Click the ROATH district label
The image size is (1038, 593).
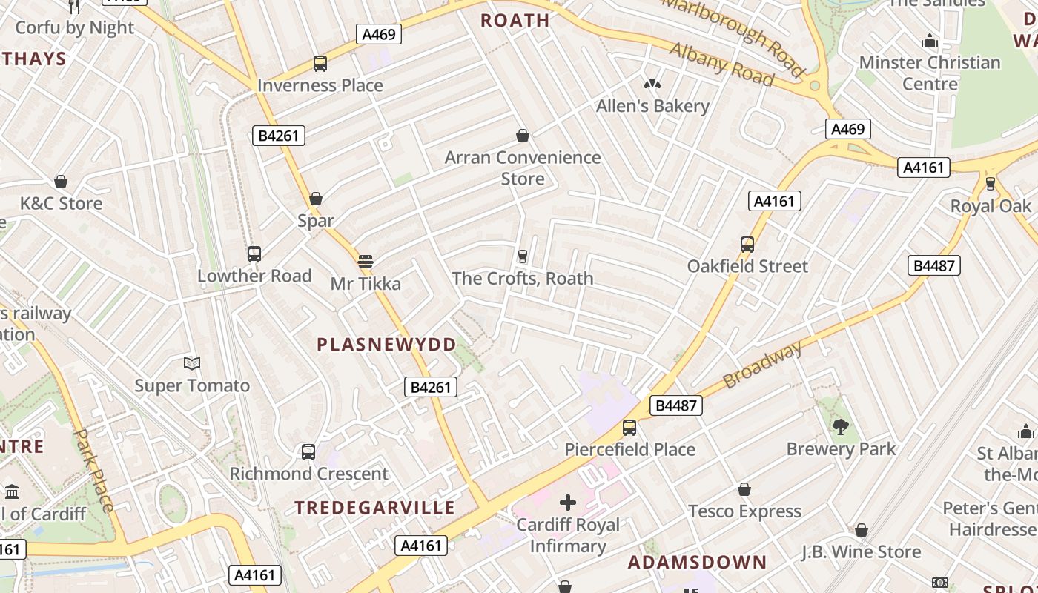[515, 20]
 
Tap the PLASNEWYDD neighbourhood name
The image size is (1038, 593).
[386, 345]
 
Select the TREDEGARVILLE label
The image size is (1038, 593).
[374, 508]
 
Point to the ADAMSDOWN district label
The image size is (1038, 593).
[697, 562]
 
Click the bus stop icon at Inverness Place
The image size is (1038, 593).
[320, 64]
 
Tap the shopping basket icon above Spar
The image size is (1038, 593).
[316, 199]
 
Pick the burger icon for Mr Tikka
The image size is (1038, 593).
[365, 262]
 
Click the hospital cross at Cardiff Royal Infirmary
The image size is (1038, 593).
[568, 503]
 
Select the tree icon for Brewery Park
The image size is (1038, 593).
[840, 427]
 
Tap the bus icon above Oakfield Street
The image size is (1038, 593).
[747, 245]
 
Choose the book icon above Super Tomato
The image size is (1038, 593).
[192, 363]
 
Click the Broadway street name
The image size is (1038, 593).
[763, 365]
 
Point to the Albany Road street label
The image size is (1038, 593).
[721, 64]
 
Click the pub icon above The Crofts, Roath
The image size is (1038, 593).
[523, 256]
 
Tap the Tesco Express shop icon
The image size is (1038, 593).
[744, 490]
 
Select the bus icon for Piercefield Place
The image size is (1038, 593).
[629, 428]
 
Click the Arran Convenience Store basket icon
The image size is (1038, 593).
[523, 136]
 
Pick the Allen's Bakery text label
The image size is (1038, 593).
[652, 106]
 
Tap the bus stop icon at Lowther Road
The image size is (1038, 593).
[254, 254]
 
